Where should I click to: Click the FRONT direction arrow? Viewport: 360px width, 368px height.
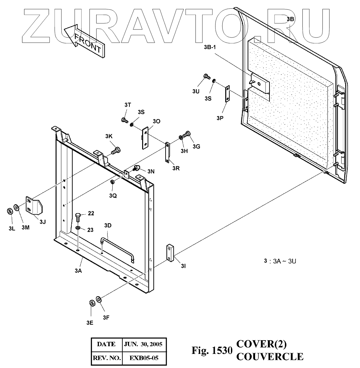tap(84, 40)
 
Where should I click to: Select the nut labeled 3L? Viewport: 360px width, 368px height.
tap(10, 211)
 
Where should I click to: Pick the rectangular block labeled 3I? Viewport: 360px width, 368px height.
tap(170, 253)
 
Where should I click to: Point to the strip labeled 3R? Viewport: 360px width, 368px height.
tap(168, 153)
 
